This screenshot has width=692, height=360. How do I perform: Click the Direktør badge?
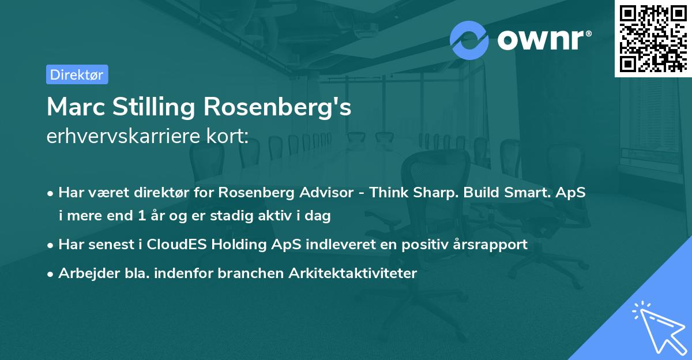(77, 74)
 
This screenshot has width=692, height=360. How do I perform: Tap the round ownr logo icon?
(469, 40)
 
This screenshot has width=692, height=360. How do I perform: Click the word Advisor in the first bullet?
(322, 193)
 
